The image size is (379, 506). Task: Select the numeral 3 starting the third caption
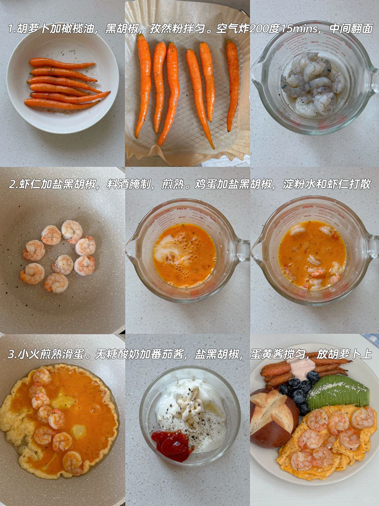tap(11, 354)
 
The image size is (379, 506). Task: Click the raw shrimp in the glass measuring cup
tap(313, 84)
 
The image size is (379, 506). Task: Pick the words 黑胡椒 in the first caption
tap(122, 29)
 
